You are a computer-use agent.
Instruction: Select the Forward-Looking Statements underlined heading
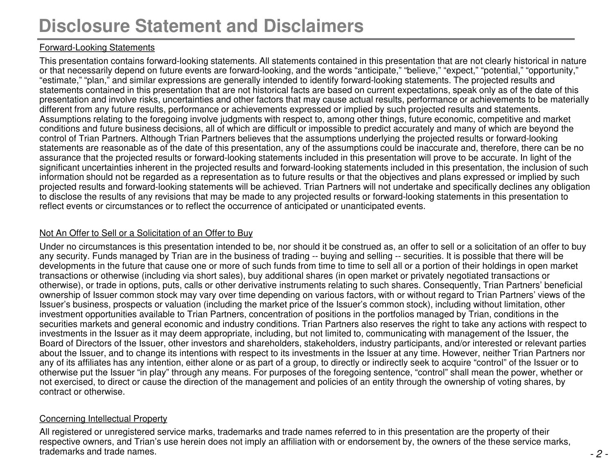click(x=97, y=48)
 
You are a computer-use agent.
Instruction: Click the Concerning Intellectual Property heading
click(x=103, y=419)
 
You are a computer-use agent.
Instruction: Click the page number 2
click(x=599, y=454)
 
